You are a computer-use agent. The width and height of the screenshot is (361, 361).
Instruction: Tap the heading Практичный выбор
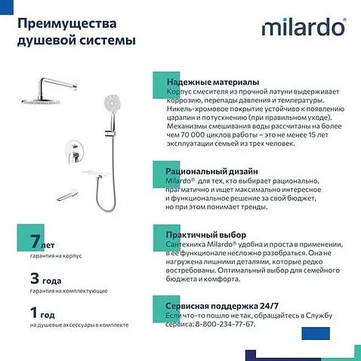205,235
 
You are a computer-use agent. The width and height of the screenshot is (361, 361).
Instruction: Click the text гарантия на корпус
56,257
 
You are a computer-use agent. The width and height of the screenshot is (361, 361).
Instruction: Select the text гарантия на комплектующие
69,291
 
